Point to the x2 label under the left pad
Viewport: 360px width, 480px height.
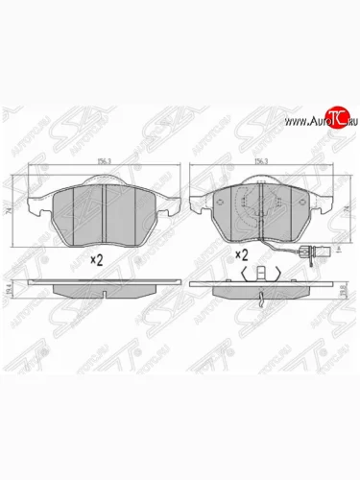96,259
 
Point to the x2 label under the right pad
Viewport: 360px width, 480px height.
242,256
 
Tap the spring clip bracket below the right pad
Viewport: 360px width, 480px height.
260,273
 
